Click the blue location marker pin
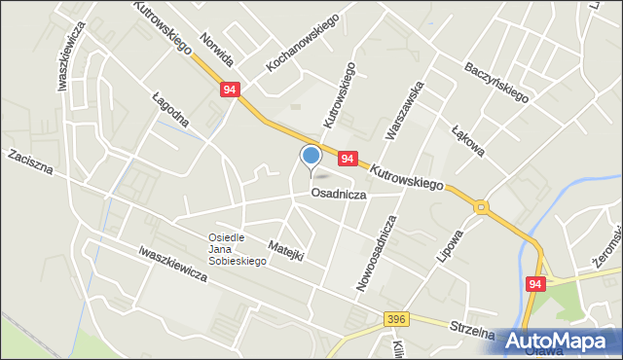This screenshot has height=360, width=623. pos(311,156)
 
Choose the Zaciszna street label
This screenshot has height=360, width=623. pos(29,163)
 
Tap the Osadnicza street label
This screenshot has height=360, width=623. pos(338,194)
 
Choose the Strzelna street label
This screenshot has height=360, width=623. pos(472,330)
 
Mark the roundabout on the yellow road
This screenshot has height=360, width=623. pos(481,206)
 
